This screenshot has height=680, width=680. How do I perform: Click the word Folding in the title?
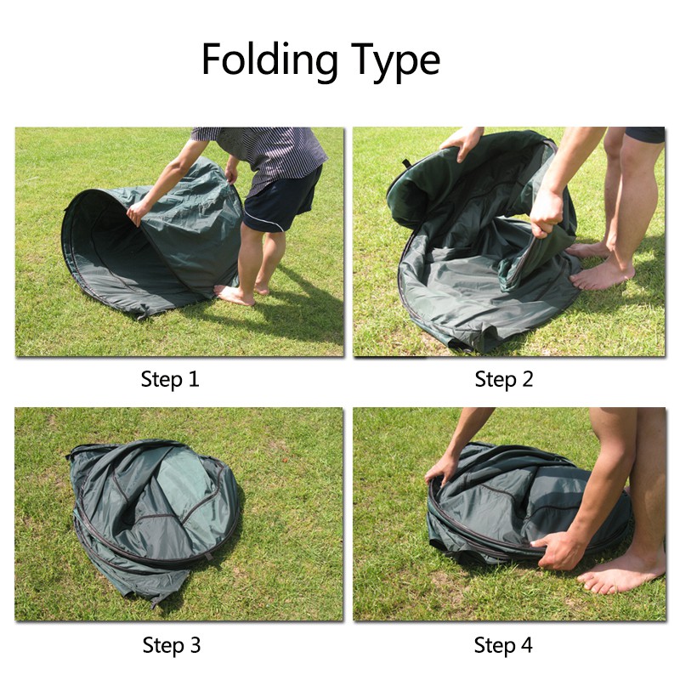pos(269,59)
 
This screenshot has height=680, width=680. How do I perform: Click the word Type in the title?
pos(395,60)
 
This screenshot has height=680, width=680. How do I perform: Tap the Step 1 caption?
pos(170,379)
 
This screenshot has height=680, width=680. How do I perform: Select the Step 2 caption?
pos(503,379)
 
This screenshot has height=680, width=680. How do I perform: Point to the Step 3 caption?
pos(172,645)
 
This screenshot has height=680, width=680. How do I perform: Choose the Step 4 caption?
pos(503,645)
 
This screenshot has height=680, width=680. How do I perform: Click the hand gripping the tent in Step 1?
pos(138,212)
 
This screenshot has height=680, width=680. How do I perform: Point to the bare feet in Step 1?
pos(243,293)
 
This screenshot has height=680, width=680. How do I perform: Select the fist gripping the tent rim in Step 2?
pos(547,213)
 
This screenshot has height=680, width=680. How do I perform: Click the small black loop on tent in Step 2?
pos(406,163)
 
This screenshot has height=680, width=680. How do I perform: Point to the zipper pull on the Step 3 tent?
pos(209,556)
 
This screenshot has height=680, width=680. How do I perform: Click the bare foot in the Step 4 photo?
pos(621,577)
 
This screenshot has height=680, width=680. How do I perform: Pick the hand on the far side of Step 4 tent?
pos(441,471)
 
